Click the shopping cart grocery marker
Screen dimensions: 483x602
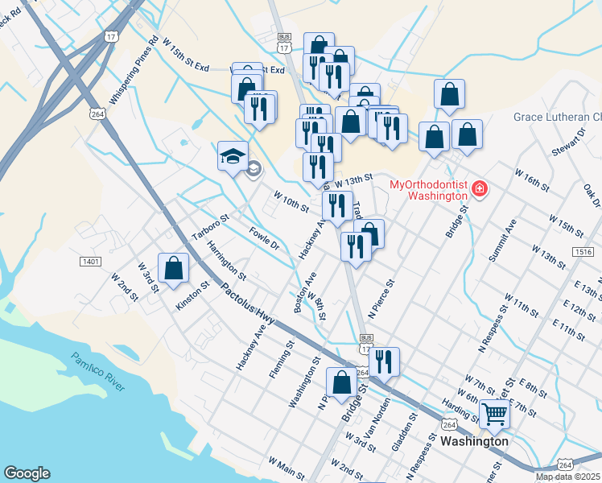click(x=494, y=415)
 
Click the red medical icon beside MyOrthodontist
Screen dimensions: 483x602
click(x=480, y=188)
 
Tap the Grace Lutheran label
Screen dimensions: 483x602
click(x=558, y=118)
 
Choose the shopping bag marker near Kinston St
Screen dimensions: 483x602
click(x=173, y=268)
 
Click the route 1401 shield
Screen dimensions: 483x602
click(x=90, y=262)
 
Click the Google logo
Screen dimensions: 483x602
click(x=27, y=473)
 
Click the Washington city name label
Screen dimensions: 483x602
click(x=474, y=441)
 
